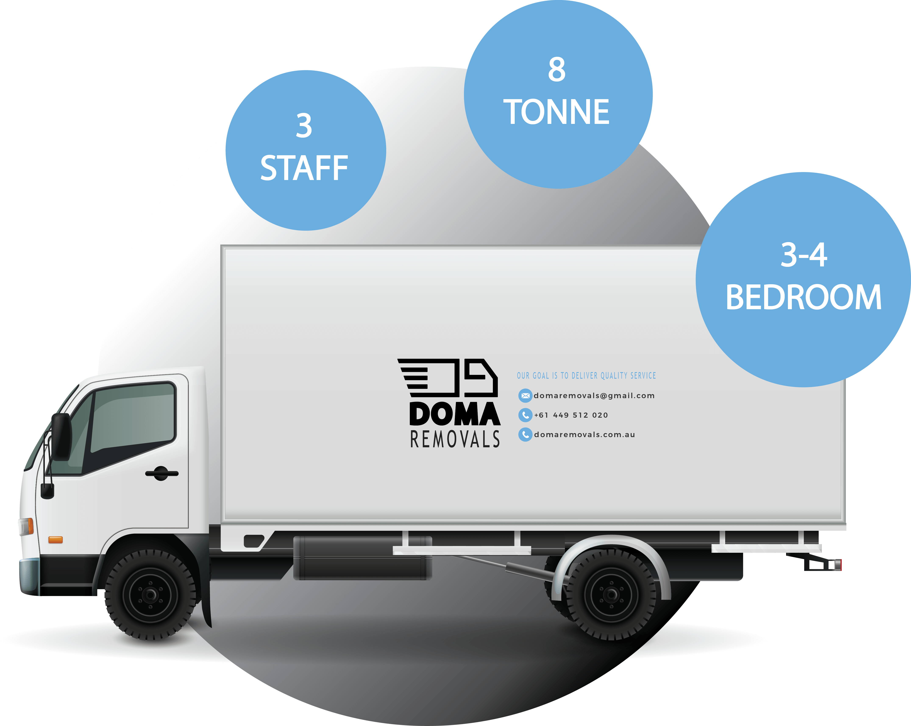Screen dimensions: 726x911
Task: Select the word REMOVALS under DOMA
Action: pos(455,439)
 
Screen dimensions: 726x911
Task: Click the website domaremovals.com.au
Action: pos(584,435)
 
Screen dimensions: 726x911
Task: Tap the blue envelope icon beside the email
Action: pos(525,396)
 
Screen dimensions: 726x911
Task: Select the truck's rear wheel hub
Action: pos(611,595)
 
